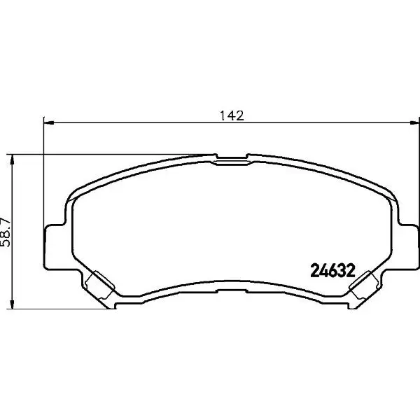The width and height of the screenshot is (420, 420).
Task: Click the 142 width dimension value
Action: pos(232,115)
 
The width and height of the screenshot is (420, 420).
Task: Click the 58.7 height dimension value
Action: pos(6,232)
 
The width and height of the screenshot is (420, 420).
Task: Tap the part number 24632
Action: pos(332,271)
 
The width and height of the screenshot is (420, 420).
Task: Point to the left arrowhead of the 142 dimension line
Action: pos(49,122)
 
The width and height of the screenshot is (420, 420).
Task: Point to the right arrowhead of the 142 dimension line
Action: pos(414,122)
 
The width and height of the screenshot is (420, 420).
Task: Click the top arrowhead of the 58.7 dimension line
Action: pos(12,160)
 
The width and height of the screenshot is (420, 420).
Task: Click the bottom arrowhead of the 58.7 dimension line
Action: pos(12,304)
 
